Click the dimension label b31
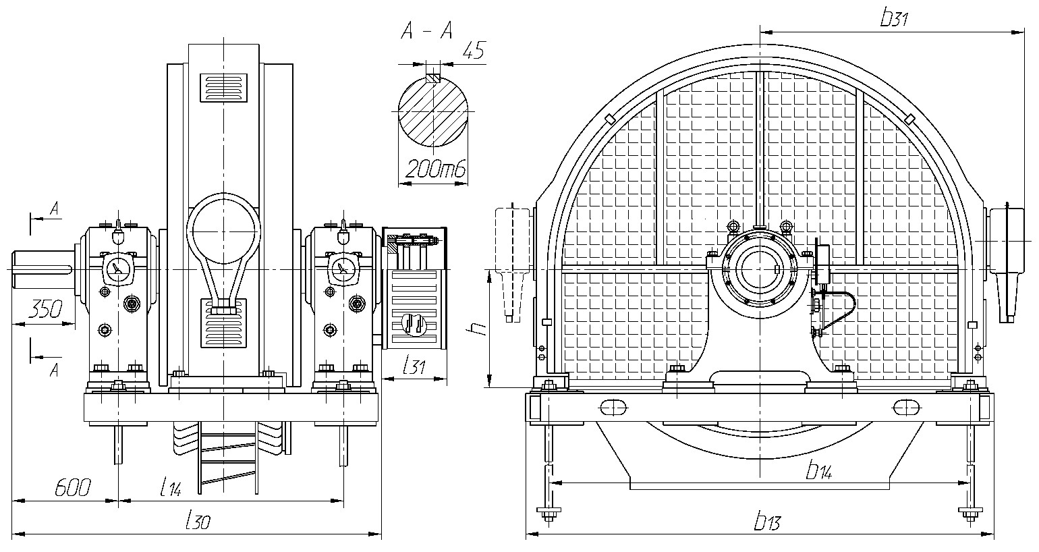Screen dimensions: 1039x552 pyautogui.click(x=894, y=18)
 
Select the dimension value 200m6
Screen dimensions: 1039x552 pyautogui.click(x=435, y=170)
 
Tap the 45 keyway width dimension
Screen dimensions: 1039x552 pyautogui.click(x=473, y=50)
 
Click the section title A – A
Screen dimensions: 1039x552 pyautogui.click(x=426, y=32)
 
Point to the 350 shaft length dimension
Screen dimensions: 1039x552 pyautogui.click(x=45, y=309)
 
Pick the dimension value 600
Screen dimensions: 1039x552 pyautogui.click(x=73, y=487)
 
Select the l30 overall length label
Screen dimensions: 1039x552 pyautogui.click(x=198, y=521)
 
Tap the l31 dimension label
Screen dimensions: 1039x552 pyautogui.click(x=414, y=366)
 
